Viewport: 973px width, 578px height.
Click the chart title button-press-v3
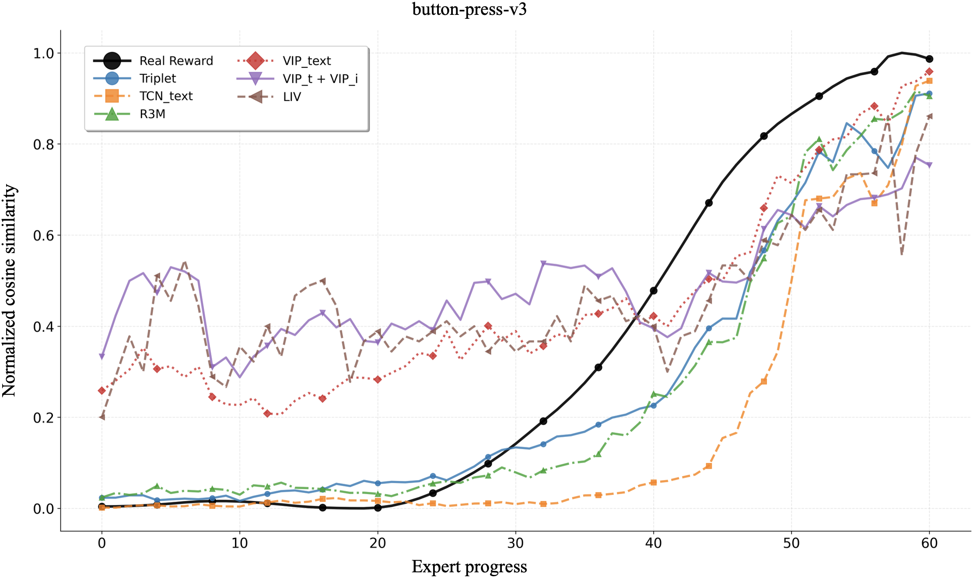click(469, 9)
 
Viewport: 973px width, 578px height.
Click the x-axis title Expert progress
click(469, 567)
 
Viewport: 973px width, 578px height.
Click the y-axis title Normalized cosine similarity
click(10, 290)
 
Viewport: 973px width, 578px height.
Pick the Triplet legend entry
click(157, 79)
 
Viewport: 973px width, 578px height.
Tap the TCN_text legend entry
click(166, 96)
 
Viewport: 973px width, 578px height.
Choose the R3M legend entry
click(152, 114)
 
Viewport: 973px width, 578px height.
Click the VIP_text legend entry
click(307, 61)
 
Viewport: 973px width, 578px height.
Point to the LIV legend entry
click(292, 97)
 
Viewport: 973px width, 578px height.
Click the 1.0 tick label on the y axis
click(44, 53)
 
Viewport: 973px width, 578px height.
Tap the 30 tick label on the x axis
click(515, 543)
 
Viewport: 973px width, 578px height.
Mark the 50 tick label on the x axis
click(791, 543)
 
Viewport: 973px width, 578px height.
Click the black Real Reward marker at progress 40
click(654, 290)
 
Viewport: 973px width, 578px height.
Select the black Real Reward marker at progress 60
click(929, 59)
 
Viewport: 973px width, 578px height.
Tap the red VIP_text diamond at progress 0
click(102, 390)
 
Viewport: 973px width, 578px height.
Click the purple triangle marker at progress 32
click(543, 263)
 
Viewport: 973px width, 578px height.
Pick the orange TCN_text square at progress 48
click(764, 381)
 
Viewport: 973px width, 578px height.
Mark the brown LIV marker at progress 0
click(102, 417)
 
